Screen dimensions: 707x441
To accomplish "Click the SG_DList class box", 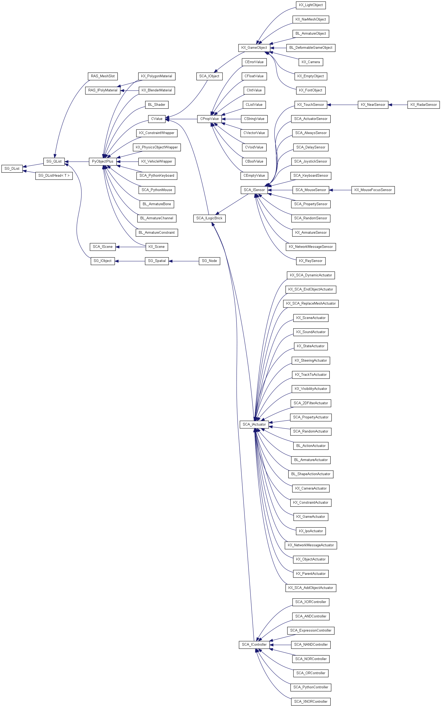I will click(x=12, y=169).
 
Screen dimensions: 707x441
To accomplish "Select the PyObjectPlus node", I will click(x=102, y=161).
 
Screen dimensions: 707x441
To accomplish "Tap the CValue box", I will click(x=157, y=119).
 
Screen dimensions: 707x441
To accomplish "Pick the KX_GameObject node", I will click(x=254, y=48).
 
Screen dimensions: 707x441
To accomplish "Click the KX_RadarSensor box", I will click(x=423, y=104).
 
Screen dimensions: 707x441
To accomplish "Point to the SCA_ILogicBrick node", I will click(x=209, y=218).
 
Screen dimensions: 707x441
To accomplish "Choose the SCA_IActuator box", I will click(x=254, y=425).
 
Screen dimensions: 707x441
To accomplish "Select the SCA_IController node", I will click(x=254, y=644).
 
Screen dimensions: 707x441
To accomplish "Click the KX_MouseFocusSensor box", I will click(x=373, y=190).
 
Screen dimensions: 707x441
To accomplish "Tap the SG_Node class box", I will click(x=209, y=261).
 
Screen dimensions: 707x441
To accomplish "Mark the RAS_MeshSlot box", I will click(x=103, y=76).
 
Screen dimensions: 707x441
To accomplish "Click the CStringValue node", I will click(x=254, y=119).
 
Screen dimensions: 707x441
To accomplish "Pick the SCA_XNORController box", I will click(x=311, y=701).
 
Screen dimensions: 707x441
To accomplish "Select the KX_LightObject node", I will click(x=311, y=5).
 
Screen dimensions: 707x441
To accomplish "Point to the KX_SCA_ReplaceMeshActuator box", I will click(x=311, y=304).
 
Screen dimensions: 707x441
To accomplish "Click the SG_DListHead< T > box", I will click(x=54, y=176).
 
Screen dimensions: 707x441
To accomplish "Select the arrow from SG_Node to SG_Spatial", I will click(x=184, y=261).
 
